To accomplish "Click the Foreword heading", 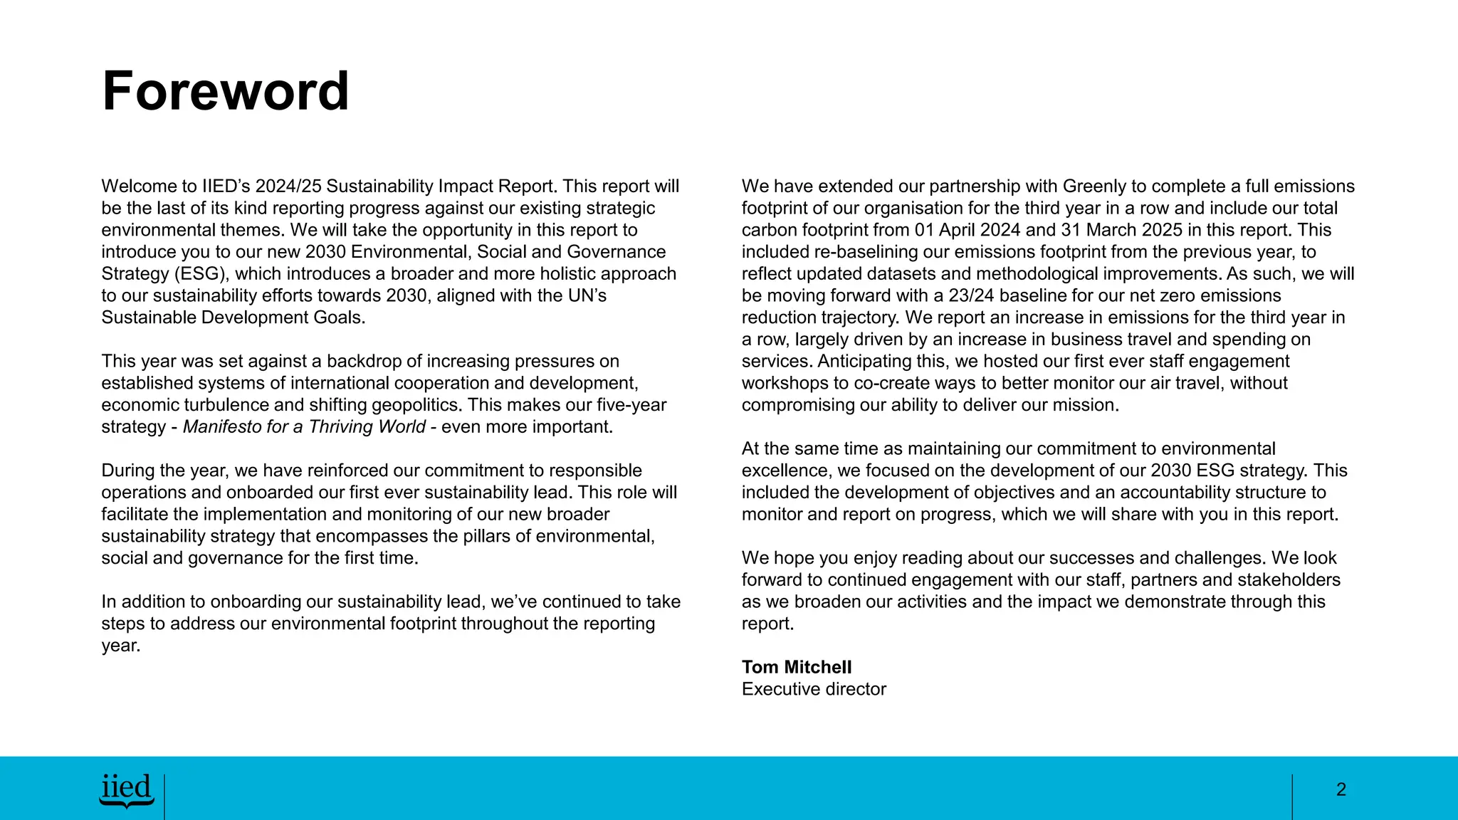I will pos(225,91).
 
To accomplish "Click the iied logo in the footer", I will pos(127,790).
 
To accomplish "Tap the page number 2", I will pos(1341,789).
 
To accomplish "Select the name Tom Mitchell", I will pos(796,667).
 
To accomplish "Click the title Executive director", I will pos(814,689).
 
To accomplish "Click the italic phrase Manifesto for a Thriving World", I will pos(304,427).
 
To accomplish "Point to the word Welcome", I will pos(138,186).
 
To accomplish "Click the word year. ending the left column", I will pos(120,646).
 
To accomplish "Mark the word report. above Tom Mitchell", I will pos(767,624).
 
